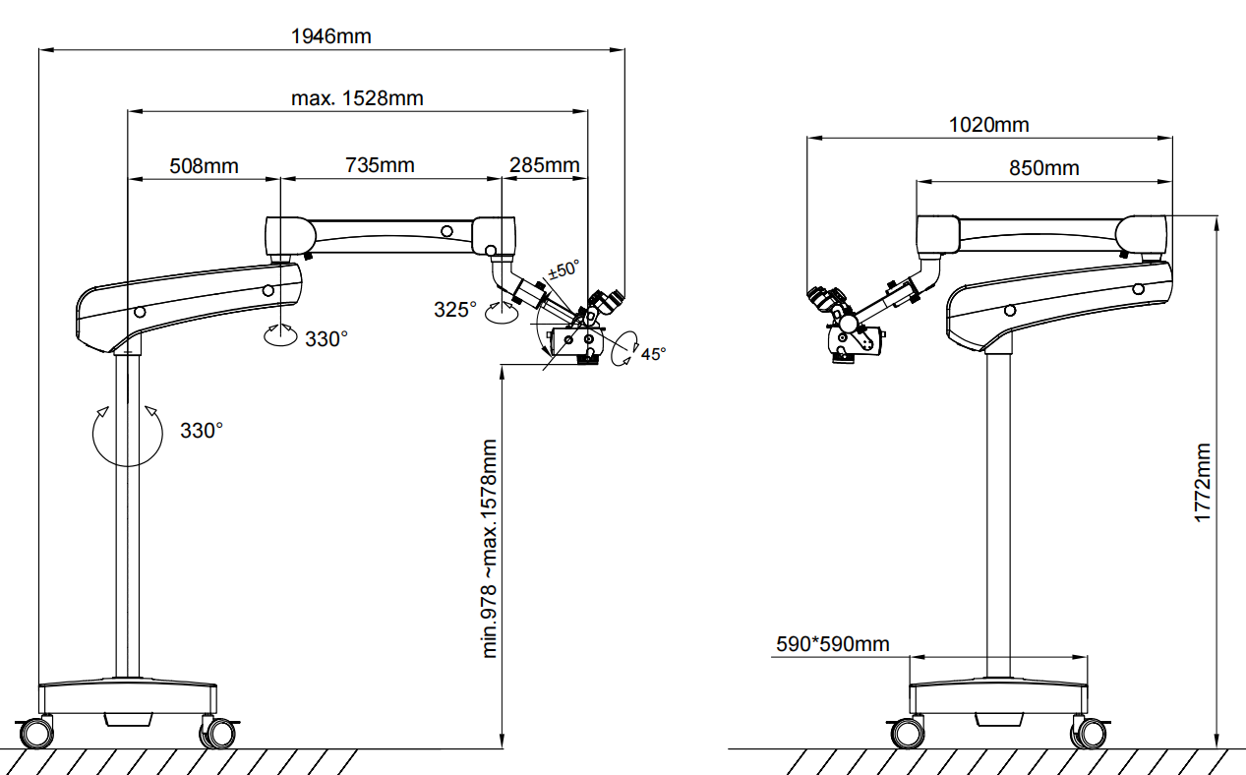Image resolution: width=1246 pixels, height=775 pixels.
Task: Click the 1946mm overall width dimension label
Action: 331,36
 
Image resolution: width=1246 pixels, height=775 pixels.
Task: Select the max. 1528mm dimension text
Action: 357,98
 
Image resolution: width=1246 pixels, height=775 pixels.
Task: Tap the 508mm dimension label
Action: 204,166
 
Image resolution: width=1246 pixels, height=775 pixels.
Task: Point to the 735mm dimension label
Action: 380,165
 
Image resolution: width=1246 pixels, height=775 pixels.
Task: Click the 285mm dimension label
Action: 545,165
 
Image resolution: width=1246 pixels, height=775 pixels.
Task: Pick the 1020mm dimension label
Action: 988,125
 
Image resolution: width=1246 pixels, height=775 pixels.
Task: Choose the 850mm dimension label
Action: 1044,168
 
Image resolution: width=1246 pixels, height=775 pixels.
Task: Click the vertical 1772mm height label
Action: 1203,483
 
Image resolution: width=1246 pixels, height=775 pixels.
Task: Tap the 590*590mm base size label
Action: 833,643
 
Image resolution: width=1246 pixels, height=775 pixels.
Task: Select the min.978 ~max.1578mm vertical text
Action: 489,549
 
